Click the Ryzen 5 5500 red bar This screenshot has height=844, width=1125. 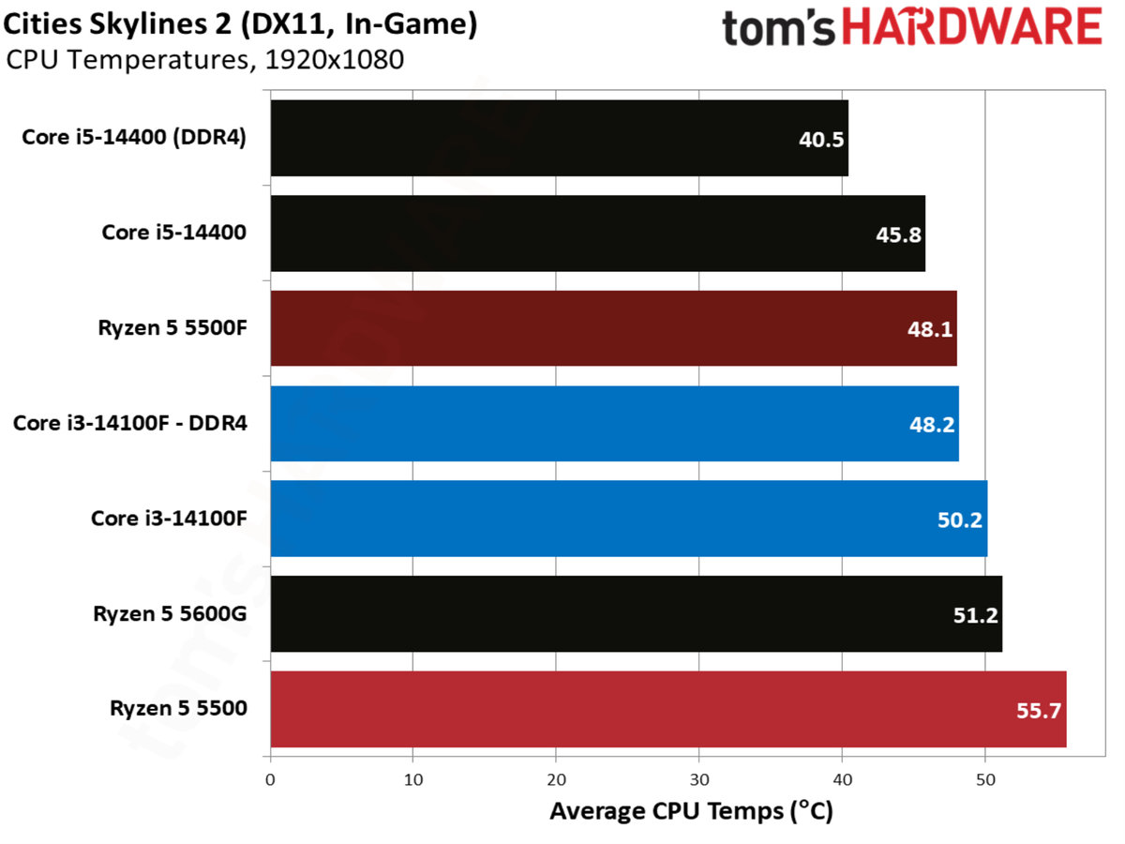pyautogui.click(x=668, y=709)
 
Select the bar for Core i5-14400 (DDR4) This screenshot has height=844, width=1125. pyautogui.click(x=559, y=138)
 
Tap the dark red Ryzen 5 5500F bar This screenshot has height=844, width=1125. pyautogui.click(x=613, y=328)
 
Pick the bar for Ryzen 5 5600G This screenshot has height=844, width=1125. pyautogui.click(x=637, y=614)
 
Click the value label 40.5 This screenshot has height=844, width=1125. pyautogui.click(x=821, y=140)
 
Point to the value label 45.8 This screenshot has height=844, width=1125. pyautogui.click(x=898, y=235)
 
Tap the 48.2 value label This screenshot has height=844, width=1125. pyautogui.click(x=932, y=425)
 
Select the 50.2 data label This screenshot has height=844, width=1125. pyautogui.click(x=960, y=520)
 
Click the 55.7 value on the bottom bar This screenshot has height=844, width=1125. pyautogui.click(x=1039, y=711)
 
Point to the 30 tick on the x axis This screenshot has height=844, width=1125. pyautogui.click(x=699, y=780)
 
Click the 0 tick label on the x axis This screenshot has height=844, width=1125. pyautogui.click(x=270, y=780)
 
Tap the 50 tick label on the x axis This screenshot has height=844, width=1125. pyautogui.click(x=985, y=780)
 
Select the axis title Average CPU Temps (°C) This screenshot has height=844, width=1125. pyautogui.click(x=691, y=812)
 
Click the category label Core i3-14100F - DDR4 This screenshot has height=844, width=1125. pyautogui.click(x=130, y=423)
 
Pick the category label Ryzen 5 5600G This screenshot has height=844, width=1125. pyautogui.click(x=171, y=613)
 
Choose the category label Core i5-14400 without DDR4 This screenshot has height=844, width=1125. pyautogui.click(x=174, y=233)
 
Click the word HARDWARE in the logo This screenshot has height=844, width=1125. pyautogui.click(x=972, y=26)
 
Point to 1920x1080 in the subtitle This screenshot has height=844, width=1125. pyautogui.click(x=335, y=60)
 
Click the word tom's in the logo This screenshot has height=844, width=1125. pyautogui.click(x=778, y=28)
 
